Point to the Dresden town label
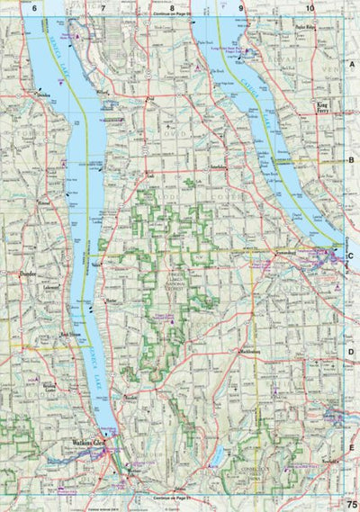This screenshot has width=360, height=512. click(42, 93)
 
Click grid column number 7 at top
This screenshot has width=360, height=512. click(103, 8)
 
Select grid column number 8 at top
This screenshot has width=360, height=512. click(172, 8)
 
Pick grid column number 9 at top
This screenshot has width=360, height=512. click(241, 8)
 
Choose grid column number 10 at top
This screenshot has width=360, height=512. click(310, 8)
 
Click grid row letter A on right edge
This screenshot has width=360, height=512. click(353, 66)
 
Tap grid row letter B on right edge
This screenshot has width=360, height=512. click(353, 160)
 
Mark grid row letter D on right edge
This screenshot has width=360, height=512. click(353, 352)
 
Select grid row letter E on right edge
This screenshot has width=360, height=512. click(353, 447)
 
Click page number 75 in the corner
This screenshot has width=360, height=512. click(349, 504)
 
